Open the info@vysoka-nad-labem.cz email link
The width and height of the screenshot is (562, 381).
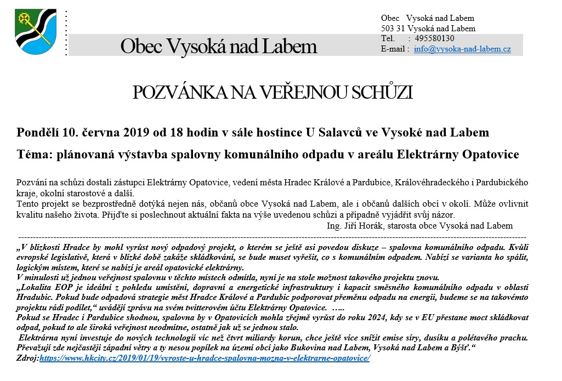click(x=462, y=49)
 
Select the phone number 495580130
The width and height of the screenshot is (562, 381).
click(x=434, y=38)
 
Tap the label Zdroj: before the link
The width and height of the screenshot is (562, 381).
click(x=28, y=358)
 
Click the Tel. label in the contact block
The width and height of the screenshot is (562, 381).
click(x=388, y=38)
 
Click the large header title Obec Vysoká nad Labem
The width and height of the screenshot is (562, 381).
click(x=218, y=46)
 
